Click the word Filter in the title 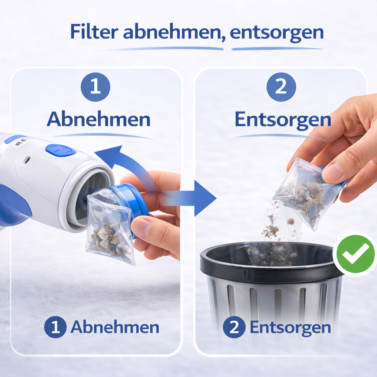tap(94, 32)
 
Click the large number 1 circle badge tap(95, 87)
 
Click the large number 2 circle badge tap(281, 87)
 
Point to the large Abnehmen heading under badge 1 tap(99, 119)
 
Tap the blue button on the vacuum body tap(60, 150)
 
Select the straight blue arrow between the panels tap(187, 198)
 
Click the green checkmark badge tap(355, 254)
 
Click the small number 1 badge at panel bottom tap(55, 327)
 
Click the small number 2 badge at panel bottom tap(234, 327)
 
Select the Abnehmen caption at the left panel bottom tap(115, 327)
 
